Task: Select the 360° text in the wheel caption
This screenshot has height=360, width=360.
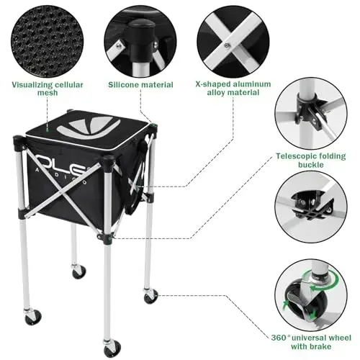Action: click(287, 339)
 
